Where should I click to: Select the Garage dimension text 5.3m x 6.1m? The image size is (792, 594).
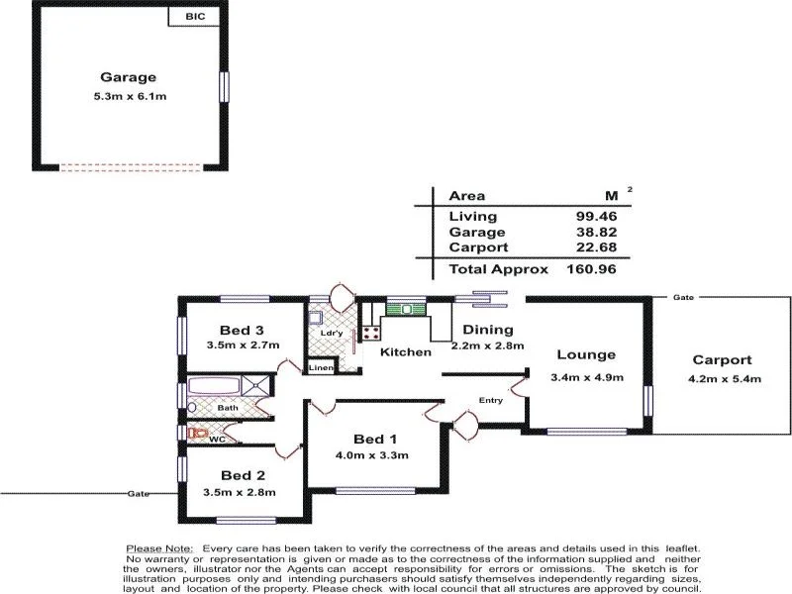[128, 97]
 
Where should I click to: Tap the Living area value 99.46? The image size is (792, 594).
[595, 216]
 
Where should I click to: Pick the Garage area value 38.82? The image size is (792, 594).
[595, 232]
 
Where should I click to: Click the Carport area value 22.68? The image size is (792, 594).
[595, 247]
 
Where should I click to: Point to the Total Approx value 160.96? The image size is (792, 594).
[591, 268]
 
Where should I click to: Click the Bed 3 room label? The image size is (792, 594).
[242, 330]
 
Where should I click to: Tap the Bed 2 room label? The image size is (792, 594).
[243, 475]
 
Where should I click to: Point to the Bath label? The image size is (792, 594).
[227, 407]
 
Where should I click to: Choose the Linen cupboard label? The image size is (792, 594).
[321, 368]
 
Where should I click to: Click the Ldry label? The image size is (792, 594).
[331, 333]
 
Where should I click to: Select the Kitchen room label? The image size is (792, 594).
[407, 351]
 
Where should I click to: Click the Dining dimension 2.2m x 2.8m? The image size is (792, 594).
[487, 346]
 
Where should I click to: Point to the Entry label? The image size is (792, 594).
[490, 400]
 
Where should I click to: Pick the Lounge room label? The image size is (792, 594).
[585, 354]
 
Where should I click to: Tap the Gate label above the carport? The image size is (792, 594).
[682, 297]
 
